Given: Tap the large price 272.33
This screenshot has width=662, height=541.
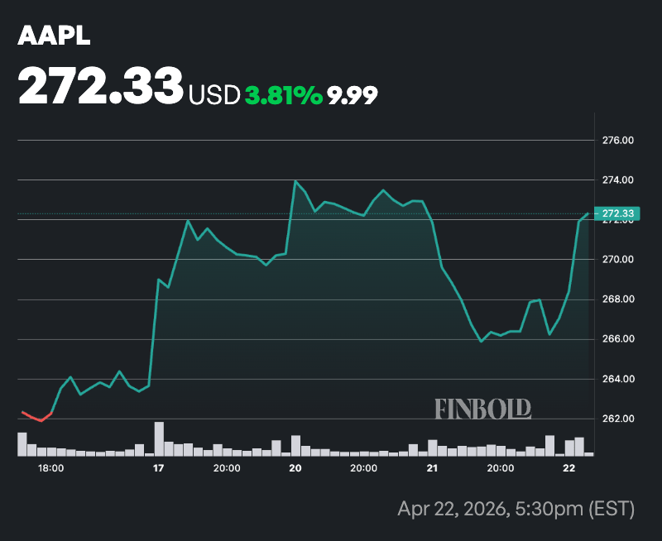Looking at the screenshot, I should [x=100, y=85].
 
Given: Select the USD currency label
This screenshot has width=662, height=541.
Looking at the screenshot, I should [x=213, y=95].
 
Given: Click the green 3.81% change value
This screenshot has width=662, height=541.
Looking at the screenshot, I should [x=284, y=95].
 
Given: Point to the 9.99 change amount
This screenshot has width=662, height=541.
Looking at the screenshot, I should [x=352, y=95].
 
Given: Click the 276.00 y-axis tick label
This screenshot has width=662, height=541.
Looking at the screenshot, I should [x=617, y=141].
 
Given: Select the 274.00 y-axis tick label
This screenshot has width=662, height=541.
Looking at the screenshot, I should [x=617, y=180].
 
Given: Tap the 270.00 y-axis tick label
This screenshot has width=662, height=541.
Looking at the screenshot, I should [x=617, y=260].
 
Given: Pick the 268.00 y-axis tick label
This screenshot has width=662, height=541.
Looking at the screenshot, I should [x=617, y=299].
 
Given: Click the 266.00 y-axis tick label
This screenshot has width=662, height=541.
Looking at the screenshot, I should [x=617, y=339].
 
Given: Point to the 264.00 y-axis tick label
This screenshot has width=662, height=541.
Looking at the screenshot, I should [x=617, y=379].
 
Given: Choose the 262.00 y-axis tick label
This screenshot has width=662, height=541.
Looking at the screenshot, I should [x=617, y=419].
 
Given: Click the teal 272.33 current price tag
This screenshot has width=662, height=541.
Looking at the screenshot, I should [x=617, y=214].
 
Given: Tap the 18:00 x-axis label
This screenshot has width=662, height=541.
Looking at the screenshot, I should [x=51, y=468].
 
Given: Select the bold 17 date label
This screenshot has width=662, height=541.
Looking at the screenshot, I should [x=158, y=468].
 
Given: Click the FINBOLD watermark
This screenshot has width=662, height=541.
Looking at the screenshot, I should [x=482, y=408].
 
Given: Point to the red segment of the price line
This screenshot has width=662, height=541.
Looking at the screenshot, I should [x=36, y=416].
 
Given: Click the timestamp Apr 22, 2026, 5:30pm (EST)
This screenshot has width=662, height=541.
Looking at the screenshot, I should [x=515, y=507].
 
